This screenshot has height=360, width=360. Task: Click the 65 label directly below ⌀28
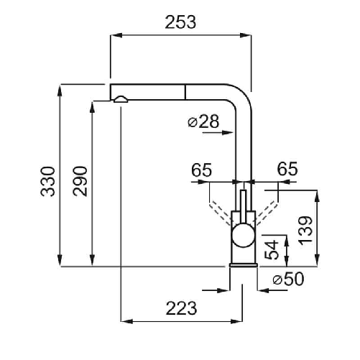(202, 170)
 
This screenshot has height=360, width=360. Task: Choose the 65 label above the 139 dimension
(287, 170)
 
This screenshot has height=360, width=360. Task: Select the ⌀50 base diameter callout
(286, 280)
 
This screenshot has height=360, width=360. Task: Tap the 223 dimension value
(182, 308)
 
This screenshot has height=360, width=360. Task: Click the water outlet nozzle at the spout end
(121, 100)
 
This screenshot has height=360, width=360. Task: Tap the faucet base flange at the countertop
(243, 264)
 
